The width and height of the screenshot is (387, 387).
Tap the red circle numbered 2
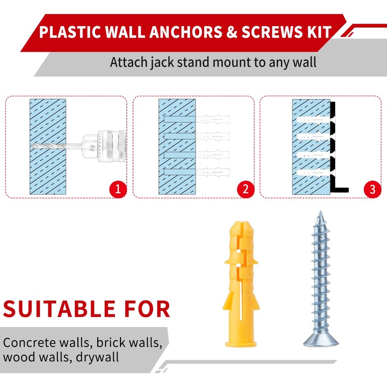click(246, 189)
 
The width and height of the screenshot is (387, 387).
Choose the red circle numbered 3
click(372, 189)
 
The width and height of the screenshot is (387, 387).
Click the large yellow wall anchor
click(240, 285)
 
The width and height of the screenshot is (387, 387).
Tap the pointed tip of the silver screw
click(320, 213)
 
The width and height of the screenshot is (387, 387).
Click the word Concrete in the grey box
click(29, 342)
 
